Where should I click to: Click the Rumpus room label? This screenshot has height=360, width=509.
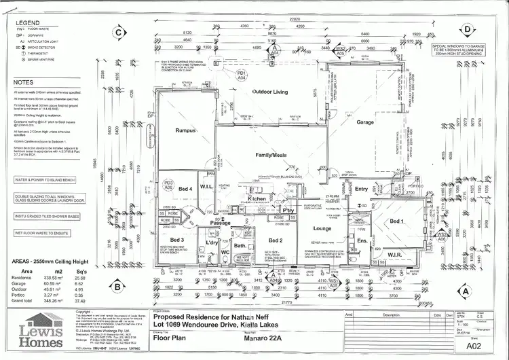(x=185, y=130)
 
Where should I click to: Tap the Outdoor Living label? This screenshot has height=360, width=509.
(x=252, y=91)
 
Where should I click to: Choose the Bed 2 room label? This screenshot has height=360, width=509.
(x=276, y=240)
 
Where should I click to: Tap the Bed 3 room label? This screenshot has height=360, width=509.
(x=177, y=240)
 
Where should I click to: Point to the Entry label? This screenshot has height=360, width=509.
(x=361, y=189)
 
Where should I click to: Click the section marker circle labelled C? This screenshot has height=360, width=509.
(x=119, y=31)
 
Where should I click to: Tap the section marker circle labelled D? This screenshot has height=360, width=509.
(x=468, y=30)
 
